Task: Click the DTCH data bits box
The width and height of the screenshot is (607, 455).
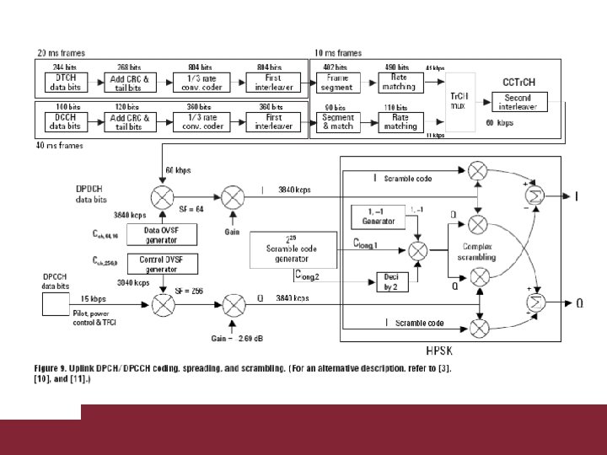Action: (x=63, y=82)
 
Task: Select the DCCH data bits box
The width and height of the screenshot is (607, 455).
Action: (x=63, y=121)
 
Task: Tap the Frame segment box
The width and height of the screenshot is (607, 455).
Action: (x=335, y=82)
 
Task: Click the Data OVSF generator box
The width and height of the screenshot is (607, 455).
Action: (x=161, y=233)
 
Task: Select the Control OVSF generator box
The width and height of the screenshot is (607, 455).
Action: (x=161, y=263)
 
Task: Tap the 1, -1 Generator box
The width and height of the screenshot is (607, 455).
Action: (x=378, y=217)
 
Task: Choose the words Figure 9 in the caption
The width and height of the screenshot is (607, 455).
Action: (x=54, y=368)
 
